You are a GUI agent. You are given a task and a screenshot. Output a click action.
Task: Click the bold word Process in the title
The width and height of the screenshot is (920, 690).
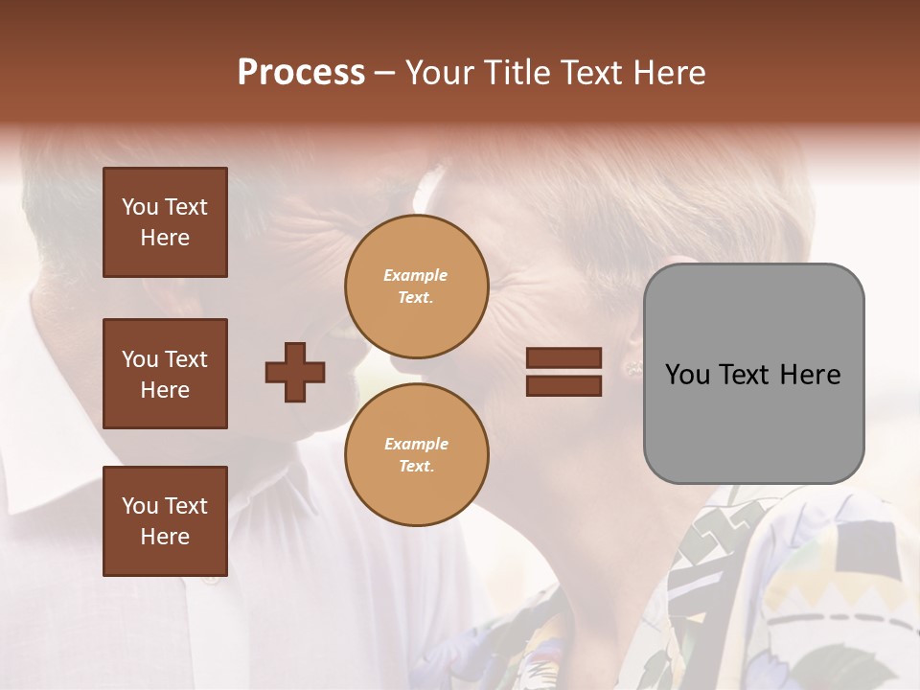tap(301, 73)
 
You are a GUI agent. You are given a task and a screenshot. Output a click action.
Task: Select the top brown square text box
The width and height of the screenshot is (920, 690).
tap(165, 222)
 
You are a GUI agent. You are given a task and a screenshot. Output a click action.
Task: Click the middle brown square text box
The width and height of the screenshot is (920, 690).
tap(165, 374)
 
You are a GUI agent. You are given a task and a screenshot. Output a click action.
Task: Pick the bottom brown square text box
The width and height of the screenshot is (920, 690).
tap(165, 521)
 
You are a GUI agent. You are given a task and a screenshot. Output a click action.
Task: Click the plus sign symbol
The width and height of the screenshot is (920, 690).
tap(295, 372)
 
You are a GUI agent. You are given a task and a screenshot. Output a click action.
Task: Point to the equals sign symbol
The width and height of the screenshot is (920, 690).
tap(563, 372)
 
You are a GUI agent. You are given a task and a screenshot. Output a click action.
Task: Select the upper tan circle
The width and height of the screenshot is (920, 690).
tap(417, 287)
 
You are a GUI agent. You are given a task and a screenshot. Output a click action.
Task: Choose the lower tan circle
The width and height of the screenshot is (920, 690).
tap(417, 455)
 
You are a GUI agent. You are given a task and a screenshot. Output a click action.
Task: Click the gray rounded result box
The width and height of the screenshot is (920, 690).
tap(753, 374)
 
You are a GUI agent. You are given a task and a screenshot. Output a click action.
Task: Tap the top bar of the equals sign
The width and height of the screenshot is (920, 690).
tap(563, 358)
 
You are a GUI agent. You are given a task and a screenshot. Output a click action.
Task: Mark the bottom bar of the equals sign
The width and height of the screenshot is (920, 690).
tap(563, 385)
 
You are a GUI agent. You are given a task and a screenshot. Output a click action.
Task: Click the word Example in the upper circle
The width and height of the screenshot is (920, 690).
tap(416, 275)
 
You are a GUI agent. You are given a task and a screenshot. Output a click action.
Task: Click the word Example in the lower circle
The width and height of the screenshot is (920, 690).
tap(416, 444)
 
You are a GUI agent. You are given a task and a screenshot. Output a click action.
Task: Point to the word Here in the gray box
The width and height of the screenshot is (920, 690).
tap(811, 375)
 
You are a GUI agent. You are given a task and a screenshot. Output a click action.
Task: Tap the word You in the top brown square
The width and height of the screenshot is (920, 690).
tap(140, 207)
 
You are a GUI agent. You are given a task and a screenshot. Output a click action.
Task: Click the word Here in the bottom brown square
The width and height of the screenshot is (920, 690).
tap(165, 537)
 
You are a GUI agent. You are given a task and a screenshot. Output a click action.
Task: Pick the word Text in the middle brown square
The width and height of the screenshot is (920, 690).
tap(186, 359)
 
